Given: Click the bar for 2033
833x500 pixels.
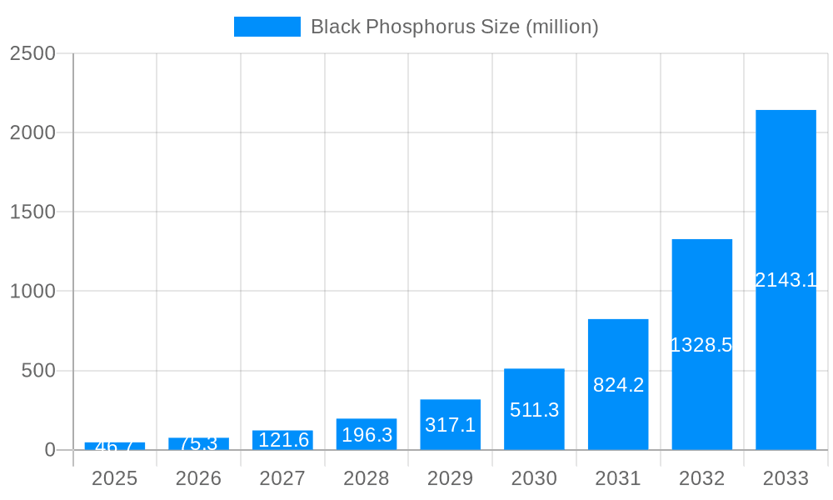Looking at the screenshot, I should [x=786, y=200].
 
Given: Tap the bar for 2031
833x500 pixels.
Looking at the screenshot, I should [x=618, y=350].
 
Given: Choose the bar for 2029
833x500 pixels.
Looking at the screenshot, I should [x=450, y=408].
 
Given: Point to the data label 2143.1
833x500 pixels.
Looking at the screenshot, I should [x=786, y=280].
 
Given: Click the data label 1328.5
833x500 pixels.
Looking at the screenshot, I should [x=701, y=345].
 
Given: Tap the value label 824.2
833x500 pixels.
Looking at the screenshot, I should [x=618, y=385].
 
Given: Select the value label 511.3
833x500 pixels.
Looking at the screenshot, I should [x=534, y=410].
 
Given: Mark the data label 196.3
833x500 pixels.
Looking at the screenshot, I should [x=367, y=435].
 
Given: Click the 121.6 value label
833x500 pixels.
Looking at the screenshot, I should [x=282, y=440].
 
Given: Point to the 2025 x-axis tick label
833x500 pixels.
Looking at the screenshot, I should [x=114, y=478].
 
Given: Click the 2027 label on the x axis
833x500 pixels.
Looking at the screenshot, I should [x=282, y=478].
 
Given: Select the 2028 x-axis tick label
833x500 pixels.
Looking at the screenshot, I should [x=367, y=478].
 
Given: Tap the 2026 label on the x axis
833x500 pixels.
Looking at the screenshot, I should [x=198, y=478].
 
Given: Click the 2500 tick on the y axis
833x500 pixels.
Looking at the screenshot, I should [x=32, y=53].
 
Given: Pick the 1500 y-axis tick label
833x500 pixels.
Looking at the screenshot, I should [x=32, y=212].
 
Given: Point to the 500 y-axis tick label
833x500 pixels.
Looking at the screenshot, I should [x=38, y=371].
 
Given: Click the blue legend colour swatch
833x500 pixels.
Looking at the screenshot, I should [x=267, y=27].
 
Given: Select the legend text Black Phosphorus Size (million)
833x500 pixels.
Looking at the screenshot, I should [x=454, y=27].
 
